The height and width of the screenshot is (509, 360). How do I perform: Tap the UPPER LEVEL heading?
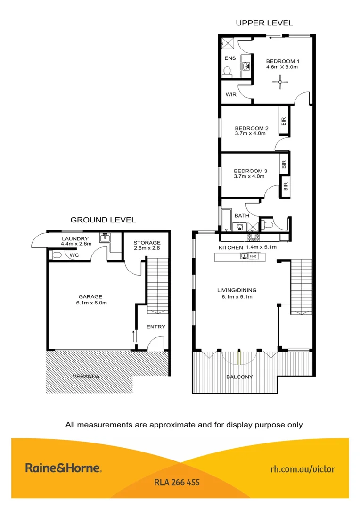tap(264, 23)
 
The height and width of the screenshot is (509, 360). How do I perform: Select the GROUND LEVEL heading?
tap(103, 220)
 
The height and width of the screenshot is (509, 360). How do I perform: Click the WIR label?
tap(231, 94)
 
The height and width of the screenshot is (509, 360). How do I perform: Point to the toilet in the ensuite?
tap(227, 72)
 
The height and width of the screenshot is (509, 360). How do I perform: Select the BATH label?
tap(242, 216)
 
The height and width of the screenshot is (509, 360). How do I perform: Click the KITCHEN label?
tap(230, 247)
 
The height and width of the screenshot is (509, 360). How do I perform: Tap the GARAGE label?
tap(90, 296)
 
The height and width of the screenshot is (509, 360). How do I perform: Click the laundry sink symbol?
tap(105, 239)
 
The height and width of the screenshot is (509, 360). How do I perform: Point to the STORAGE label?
tap(147, 242)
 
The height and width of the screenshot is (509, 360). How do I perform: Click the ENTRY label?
tap(156, 327)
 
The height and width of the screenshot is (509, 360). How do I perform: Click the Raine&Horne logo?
tap(63, 468)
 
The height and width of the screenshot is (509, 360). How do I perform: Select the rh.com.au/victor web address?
tap(303, 469)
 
